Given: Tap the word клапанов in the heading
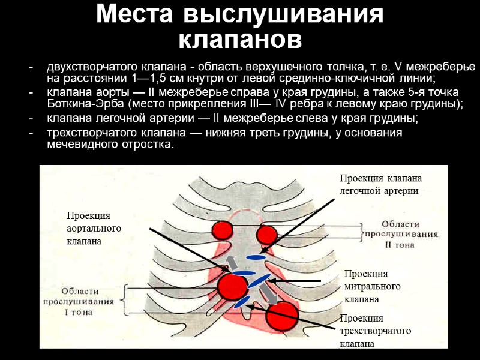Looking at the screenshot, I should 240,40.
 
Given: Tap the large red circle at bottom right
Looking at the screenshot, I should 283,316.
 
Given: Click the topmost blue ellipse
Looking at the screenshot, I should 256,257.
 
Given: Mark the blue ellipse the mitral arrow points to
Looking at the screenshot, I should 256,281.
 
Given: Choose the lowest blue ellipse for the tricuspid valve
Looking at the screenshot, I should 242,302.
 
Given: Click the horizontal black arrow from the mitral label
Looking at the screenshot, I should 295,280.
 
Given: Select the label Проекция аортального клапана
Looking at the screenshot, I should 94,228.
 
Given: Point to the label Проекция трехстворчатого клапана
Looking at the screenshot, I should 375,331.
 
